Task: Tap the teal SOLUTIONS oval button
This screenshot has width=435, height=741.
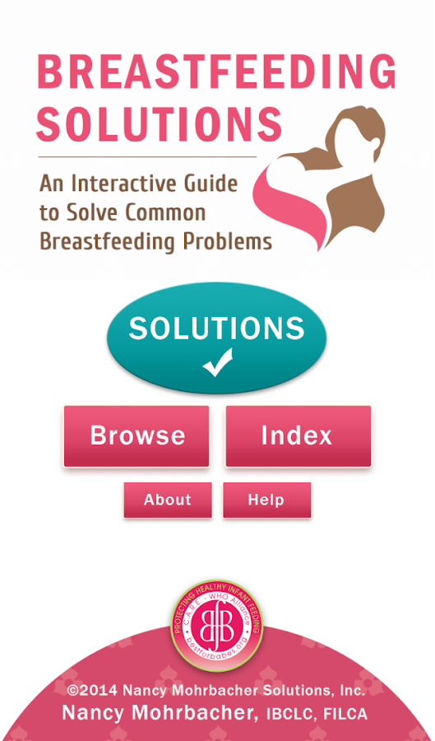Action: coord(216,338)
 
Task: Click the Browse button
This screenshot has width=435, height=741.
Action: coord(137,436)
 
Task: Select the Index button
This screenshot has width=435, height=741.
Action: coord(298,436)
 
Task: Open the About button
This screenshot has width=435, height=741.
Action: coord(168,500)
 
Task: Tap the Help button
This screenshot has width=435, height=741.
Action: coord(266,500)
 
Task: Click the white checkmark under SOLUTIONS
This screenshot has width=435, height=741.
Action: coord(217,362)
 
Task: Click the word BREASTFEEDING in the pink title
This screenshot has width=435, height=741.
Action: coord(216,72)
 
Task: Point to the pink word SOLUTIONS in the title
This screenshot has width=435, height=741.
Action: coord(160,123)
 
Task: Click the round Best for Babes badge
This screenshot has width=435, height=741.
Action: coord(217,626)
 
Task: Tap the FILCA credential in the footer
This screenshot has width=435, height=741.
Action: coord(345,714)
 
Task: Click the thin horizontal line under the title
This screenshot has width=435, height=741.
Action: coord(147,156)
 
